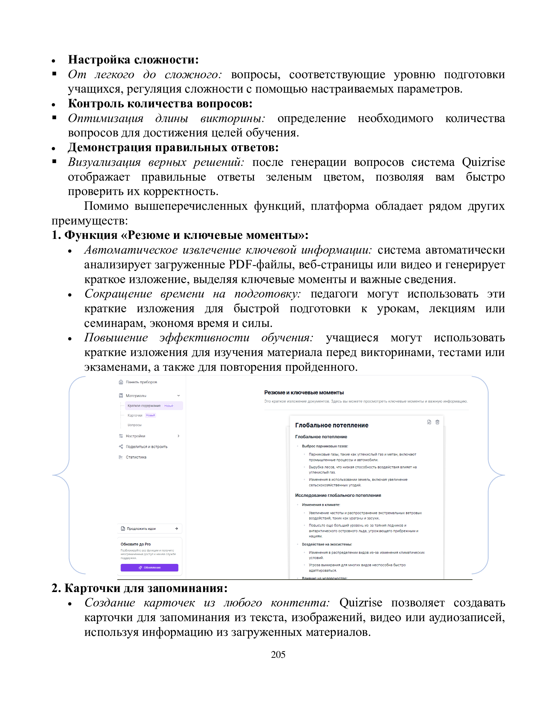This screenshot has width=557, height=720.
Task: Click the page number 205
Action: pyautogui.click(x=278, y=655)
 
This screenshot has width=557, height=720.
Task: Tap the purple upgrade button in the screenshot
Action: pyautogui.click(x=149, y=567)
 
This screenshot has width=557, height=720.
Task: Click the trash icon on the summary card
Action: pyautogui.click(x=437, y=422)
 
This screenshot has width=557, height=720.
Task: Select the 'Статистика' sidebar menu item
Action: pyautogui.click(x=136, y=457)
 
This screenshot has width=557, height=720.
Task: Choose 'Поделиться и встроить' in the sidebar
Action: pyautogui.click(x=146, y=447)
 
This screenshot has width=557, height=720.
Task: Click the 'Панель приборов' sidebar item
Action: pyautogui.click(x=141, y=382)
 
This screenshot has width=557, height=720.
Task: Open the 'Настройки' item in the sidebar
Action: pyautogui.click(x=135, y=436)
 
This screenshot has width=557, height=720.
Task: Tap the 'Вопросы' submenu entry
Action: pyautogui.click(x=134, y=425)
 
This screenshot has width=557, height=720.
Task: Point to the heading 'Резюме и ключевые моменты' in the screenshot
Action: pyautogui.click(x=304, y=392)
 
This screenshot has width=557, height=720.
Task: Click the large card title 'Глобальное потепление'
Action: pyautogui.click(x=332, y=425)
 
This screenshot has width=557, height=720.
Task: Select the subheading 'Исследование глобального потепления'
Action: pyautogui.click(x=338, y=495)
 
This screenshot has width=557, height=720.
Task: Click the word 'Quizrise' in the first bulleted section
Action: pyautogui.click(x=483, y=162)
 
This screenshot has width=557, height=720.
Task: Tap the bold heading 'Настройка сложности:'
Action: pyautogui.click(x=133, y=60)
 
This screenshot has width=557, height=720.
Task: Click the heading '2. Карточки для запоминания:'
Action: pyautogui.click(x=140, y=588)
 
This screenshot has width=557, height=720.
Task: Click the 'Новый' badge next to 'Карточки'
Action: pyautogui.click(x=150, y=415)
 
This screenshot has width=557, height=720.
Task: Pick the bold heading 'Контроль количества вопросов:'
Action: pyautogui.click(x=160, y=103)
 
